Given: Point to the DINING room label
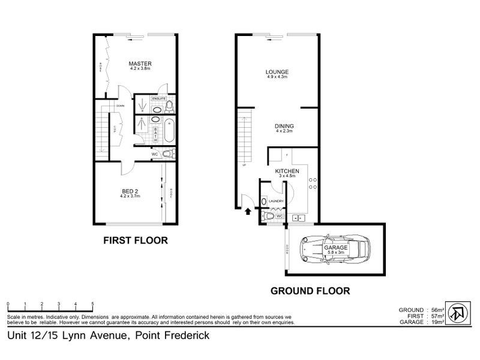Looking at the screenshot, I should coord(284,126).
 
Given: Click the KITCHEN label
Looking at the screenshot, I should coord(287,171).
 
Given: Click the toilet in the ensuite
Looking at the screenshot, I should coord(169,106).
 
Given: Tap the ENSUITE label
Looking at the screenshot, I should coord(158,97).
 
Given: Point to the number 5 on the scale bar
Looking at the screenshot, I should coord(92,304).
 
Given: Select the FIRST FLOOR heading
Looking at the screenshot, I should coord(135,241).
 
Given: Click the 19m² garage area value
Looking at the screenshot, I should coord(437,322).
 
